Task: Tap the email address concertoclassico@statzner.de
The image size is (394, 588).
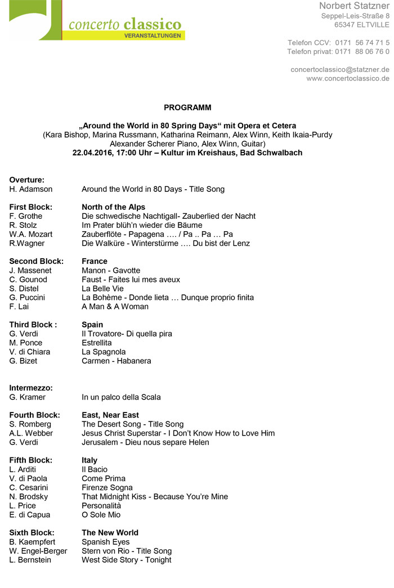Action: point(339,69)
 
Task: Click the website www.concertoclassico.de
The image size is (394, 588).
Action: point(347,78)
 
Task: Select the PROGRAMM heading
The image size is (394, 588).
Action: point(188,107)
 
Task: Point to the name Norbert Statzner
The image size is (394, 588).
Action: point(354,6)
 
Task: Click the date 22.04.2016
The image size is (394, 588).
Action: point(93,152)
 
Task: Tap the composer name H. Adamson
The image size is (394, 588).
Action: point(31,189)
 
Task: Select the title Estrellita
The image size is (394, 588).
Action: point(97,343)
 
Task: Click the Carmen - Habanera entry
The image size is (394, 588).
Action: point(117,361)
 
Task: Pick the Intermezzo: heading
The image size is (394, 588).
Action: point(31,388)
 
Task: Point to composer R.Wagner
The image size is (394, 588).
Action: point(27,243)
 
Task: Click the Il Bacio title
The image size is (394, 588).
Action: point(95,469)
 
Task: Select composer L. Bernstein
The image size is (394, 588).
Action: point(30,560)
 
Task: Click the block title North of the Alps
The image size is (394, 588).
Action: point(113,207)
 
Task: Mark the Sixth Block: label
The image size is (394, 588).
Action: point(32,532)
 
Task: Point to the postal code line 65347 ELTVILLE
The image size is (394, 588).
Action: point(361,25)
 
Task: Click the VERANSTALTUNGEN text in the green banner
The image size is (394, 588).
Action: point(153,35)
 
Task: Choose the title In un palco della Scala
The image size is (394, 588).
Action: point(121,397)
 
